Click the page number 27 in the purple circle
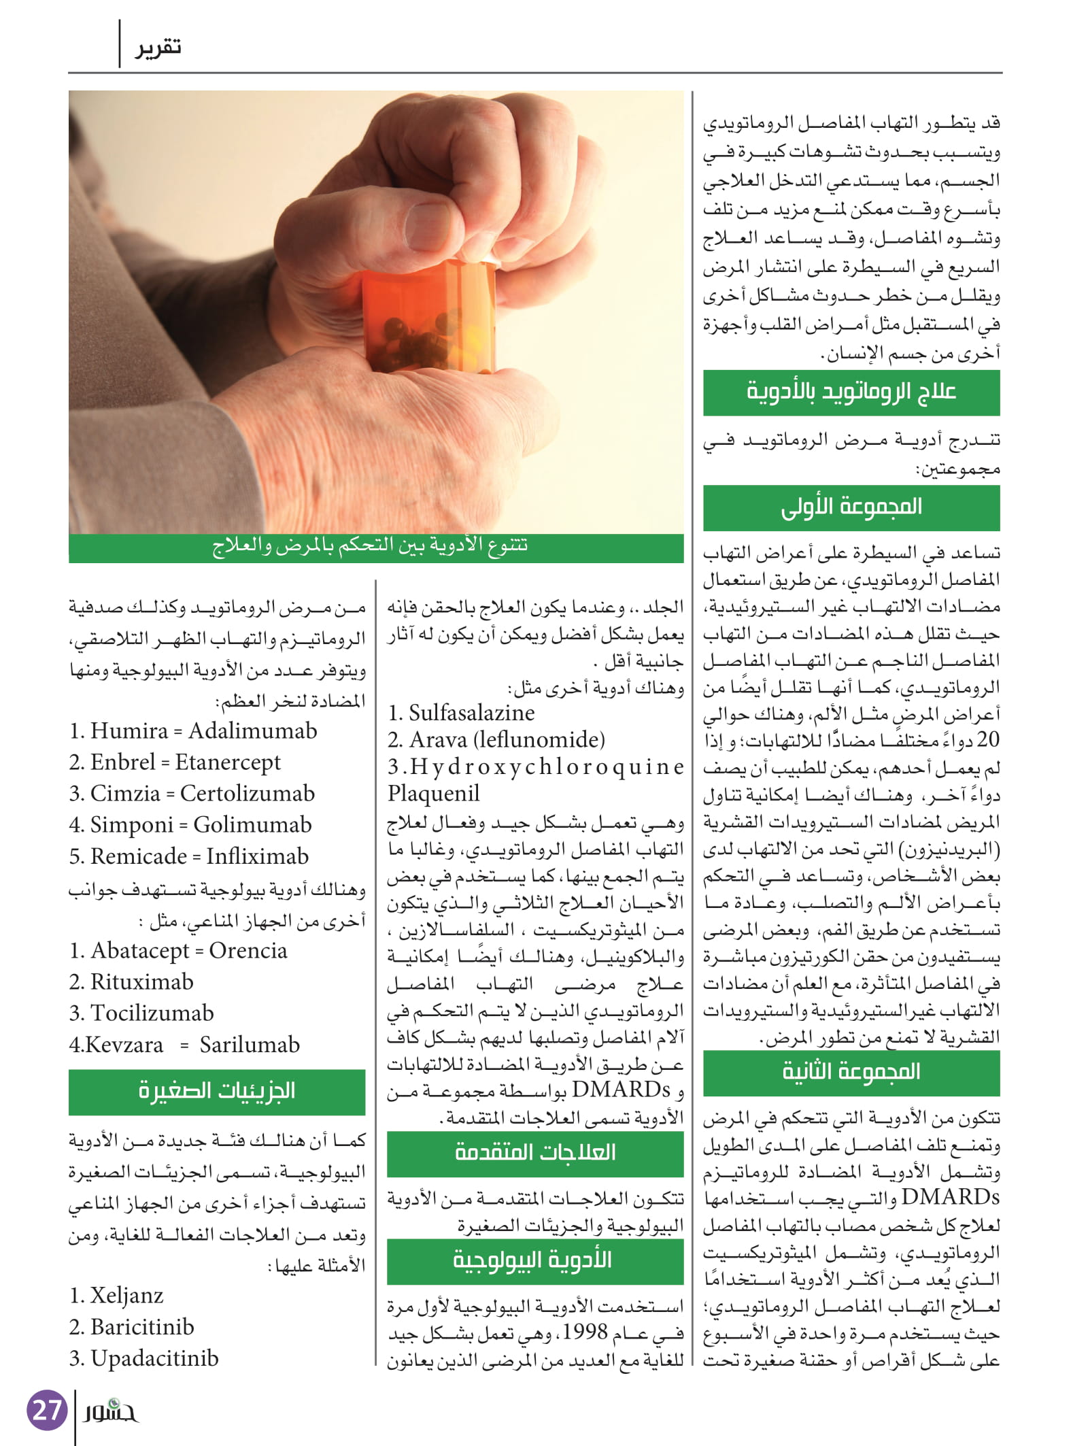47,1410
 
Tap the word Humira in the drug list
129,731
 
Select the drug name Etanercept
227,762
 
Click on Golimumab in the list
252,825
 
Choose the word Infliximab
257,856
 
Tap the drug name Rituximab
141,982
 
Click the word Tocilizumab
152,1013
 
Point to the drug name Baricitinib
142,1327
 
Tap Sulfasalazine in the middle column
471,713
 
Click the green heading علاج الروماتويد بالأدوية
851,392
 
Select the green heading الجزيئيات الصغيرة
217,1092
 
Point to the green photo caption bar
375,548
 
